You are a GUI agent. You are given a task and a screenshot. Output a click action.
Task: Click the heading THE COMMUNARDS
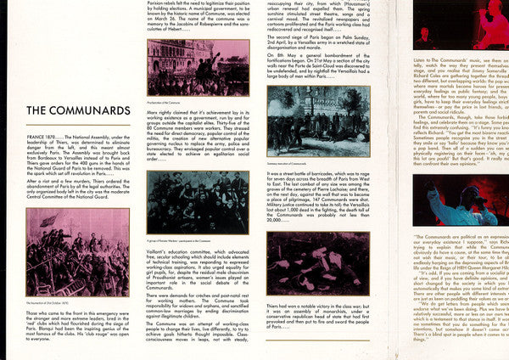click(78, 110)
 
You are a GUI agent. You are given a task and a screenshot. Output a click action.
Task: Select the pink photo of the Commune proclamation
click(198, 66)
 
